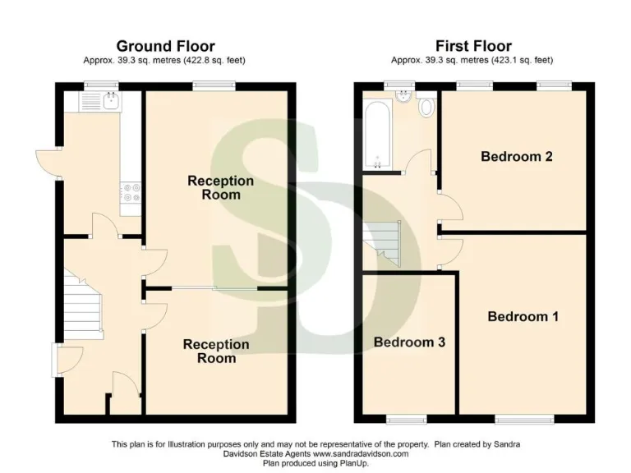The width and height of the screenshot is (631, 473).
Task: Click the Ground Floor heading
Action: click(x=165, y=46)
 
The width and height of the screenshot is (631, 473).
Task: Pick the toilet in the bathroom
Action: click(x=426, y=108)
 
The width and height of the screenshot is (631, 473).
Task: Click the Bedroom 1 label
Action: click(x=523, y=316)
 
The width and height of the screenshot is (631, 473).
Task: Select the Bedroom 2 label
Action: click(x=516, y=156)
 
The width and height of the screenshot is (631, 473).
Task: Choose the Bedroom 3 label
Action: click(x=409, y=342)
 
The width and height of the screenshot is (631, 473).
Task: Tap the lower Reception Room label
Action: click(x=215, y=351)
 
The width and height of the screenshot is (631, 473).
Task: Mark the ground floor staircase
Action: click(x=83, y=307)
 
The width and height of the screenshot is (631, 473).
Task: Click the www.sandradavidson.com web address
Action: click(x=358, y=453)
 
